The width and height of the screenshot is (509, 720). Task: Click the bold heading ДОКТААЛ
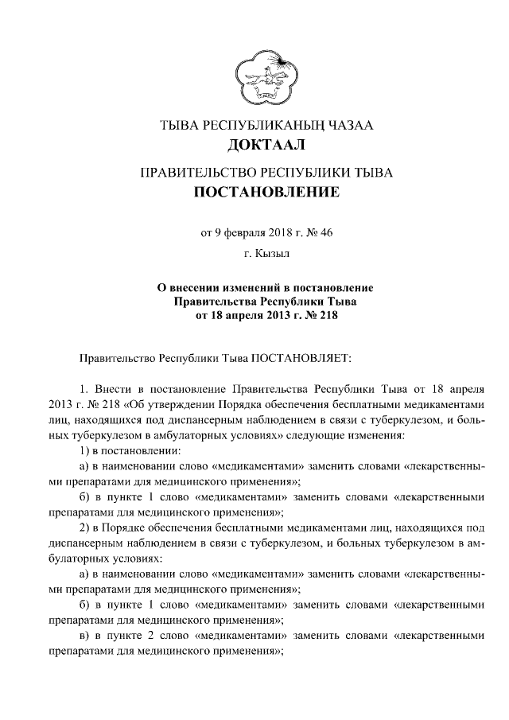(x=266, y=145)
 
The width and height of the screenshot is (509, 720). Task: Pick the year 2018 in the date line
(x=280, y=233)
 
